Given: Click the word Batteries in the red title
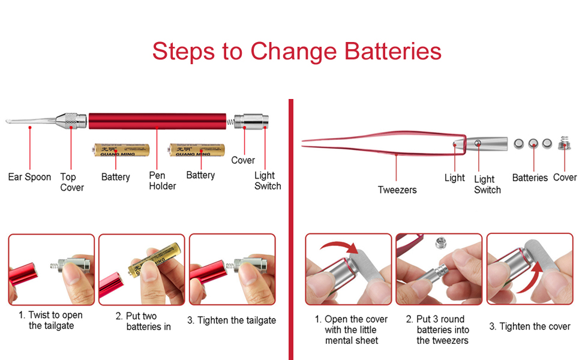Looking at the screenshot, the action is (x=393, y=51).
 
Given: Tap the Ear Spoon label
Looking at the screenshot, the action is (x=29, y=177).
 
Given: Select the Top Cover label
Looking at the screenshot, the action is (x=72, y=182).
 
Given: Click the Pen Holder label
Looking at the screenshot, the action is (x=162, y=181).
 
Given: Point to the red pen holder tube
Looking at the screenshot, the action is (x=157, y=121).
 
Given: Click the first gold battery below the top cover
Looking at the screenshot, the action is (x=122, y=150).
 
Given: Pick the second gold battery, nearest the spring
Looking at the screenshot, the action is (x=197, y=150).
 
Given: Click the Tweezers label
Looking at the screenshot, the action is (x=397, y=190).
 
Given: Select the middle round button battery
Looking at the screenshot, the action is (x=533, y=143).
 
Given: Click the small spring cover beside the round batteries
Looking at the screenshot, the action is (x=564, y=143).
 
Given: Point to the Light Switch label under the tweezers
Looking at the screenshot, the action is (x=487, y=184).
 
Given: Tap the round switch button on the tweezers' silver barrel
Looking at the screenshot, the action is (x=478, y=143).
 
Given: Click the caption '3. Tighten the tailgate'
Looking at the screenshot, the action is (x=232, y=320).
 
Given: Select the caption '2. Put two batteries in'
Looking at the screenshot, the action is (x=143, y=322).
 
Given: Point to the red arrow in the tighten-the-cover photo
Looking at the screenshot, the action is (x=529, y=278).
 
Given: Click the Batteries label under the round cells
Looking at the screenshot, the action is (x=530, y=178).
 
